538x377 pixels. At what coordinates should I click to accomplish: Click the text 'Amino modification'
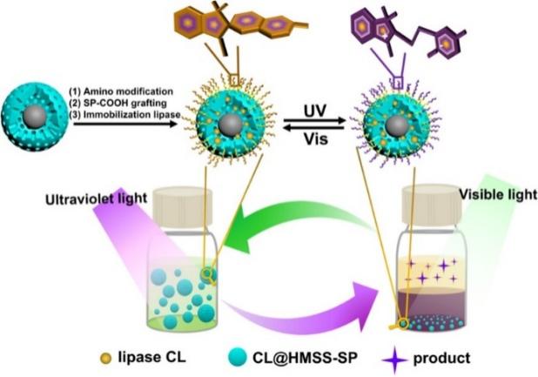pyautogui.click(x=129, y=90)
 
